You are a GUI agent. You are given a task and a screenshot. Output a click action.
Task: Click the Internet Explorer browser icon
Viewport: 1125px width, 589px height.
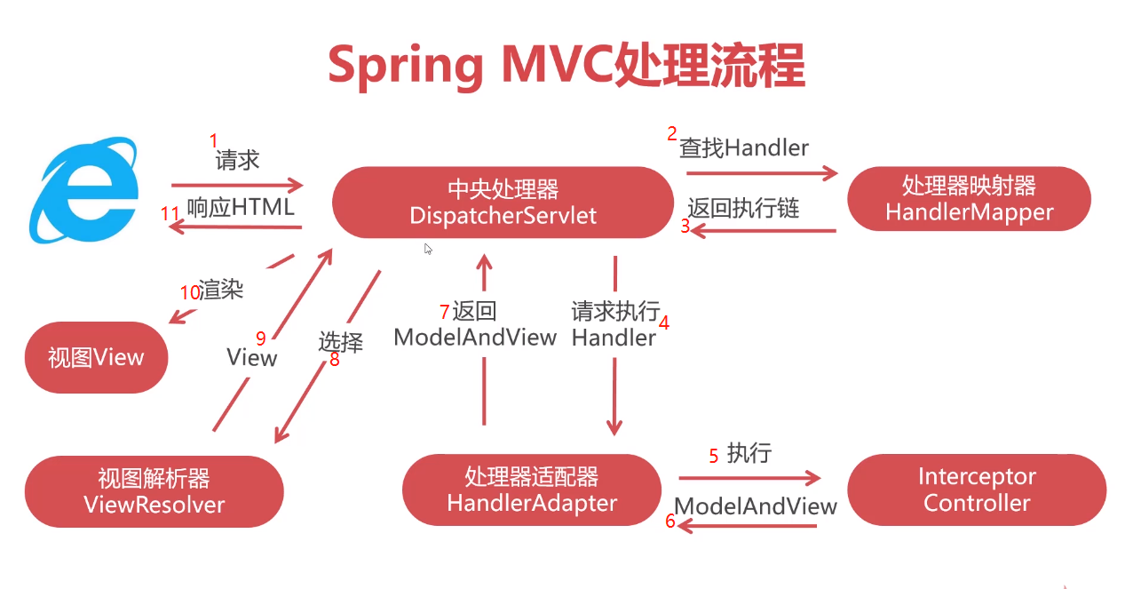(84, 189)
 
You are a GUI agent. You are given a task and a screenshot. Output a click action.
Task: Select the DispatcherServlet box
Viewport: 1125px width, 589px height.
(503, 202)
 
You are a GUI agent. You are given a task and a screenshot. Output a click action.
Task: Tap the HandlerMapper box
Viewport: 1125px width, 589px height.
(969, 199)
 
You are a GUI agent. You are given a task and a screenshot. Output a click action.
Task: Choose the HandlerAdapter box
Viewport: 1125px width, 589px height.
(531, 489)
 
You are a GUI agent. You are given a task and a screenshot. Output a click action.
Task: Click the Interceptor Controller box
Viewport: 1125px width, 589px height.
(977, 490)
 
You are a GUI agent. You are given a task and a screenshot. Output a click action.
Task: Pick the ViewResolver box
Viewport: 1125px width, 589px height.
(154, 491)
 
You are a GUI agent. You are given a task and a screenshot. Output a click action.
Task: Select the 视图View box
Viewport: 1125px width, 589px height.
(96, 357)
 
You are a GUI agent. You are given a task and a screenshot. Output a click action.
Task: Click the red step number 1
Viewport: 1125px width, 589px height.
(213, 140)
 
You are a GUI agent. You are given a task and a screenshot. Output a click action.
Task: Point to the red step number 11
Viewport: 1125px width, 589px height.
(170, 214)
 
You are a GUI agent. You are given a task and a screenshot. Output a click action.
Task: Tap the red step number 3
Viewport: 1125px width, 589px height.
(685, 226)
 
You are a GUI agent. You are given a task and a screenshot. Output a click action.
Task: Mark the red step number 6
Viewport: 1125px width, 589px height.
(671, 521)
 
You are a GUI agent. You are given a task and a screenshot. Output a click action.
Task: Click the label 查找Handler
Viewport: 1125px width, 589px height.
(744, 147)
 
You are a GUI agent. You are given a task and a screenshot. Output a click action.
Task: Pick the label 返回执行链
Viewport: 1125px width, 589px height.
(743, 208)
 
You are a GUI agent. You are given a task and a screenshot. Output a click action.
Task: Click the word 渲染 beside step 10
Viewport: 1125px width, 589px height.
(221, 290)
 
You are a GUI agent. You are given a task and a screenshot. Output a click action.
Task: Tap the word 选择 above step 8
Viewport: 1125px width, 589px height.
(341, 341)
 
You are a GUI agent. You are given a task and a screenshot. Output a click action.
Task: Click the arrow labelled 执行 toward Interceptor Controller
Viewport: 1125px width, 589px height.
(750, 478)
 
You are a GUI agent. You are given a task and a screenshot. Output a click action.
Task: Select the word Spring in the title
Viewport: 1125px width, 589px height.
(405, 65)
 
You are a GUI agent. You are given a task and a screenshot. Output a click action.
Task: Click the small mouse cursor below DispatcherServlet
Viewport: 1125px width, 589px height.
(428, 249)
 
